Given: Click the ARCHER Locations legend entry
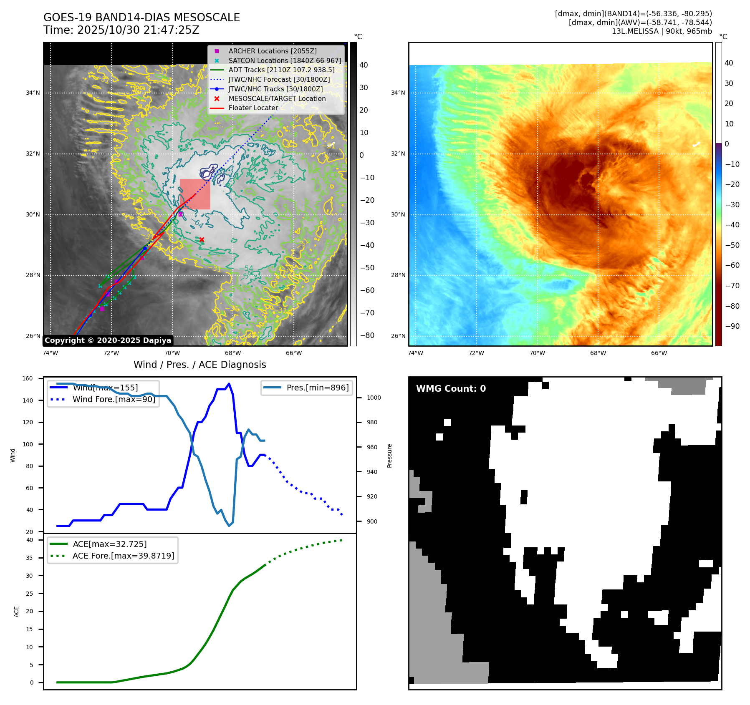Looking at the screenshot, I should pos(272,51).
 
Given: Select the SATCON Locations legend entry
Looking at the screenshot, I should pos(285,60).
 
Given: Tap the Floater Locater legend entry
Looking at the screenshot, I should pos(253,108).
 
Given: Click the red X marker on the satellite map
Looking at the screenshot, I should pos(202,239).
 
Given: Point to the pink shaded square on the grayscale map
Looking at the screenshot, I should pos(195,194).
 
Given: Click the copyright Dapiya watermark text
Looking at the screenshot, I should pos(108,340).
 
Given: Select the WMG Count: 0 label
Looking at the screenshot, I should pos(451,388).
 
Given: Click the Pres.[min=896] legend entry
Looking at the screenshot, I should pos(317,388).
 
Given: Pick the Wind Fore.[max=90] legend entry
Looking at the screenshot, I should pos(114,399).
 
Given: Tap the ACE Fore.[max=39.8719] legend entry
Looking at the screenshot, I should pos(123,556).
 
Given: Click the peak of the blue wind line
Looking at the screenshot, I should pos(229,384).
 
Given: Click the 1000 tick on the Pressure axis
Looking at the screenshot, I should pos(374,398).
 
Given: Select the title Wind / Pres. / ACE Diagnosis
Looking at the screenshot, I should pos(199,365).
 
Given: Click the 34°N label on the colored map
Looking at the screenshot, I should pos(398,93).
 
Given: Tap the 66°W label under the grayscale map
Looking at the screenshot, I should pos(293,353).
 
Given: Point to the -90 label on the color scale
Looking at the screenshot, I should pos(732,326).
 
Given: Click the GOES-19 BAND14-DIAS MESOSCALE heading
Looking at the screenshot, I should pos(141,18).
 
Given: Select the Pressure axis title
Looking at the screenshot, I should pos(389,456).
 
